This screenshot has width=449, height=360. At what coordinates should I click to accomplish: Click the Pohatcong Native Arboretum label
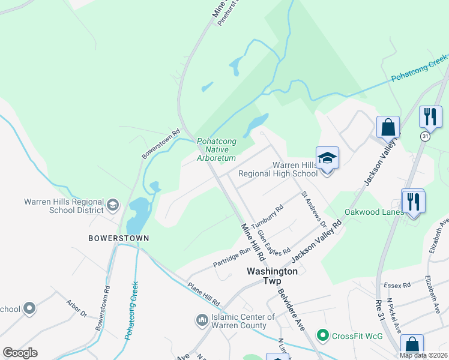[x=216, y=149]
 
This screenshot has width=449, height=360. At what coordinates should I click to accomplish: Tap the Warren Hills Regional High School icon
[x=327, y=158]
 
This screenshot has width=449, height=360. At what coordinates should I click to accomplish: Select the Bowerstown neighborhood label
[x=118, y=238]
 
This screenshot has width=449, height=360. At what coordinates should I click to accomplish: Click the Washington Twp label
[x=273, y=271]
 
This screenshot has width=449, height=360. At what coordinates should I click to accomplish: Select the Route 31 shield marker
[x=426, y=137]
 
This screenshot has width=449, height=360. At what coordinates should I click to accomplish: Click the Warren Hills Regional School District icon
[x=112, y=206]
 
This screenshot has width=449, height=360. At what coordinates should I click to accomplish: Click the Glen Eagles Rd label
[x=273, y=242]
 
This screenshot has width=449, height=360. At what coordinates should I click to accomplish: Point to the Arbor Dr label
[x=76, y=310]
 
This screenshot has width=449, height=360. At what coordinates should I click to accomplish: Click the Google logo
[x=20, y=353]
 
